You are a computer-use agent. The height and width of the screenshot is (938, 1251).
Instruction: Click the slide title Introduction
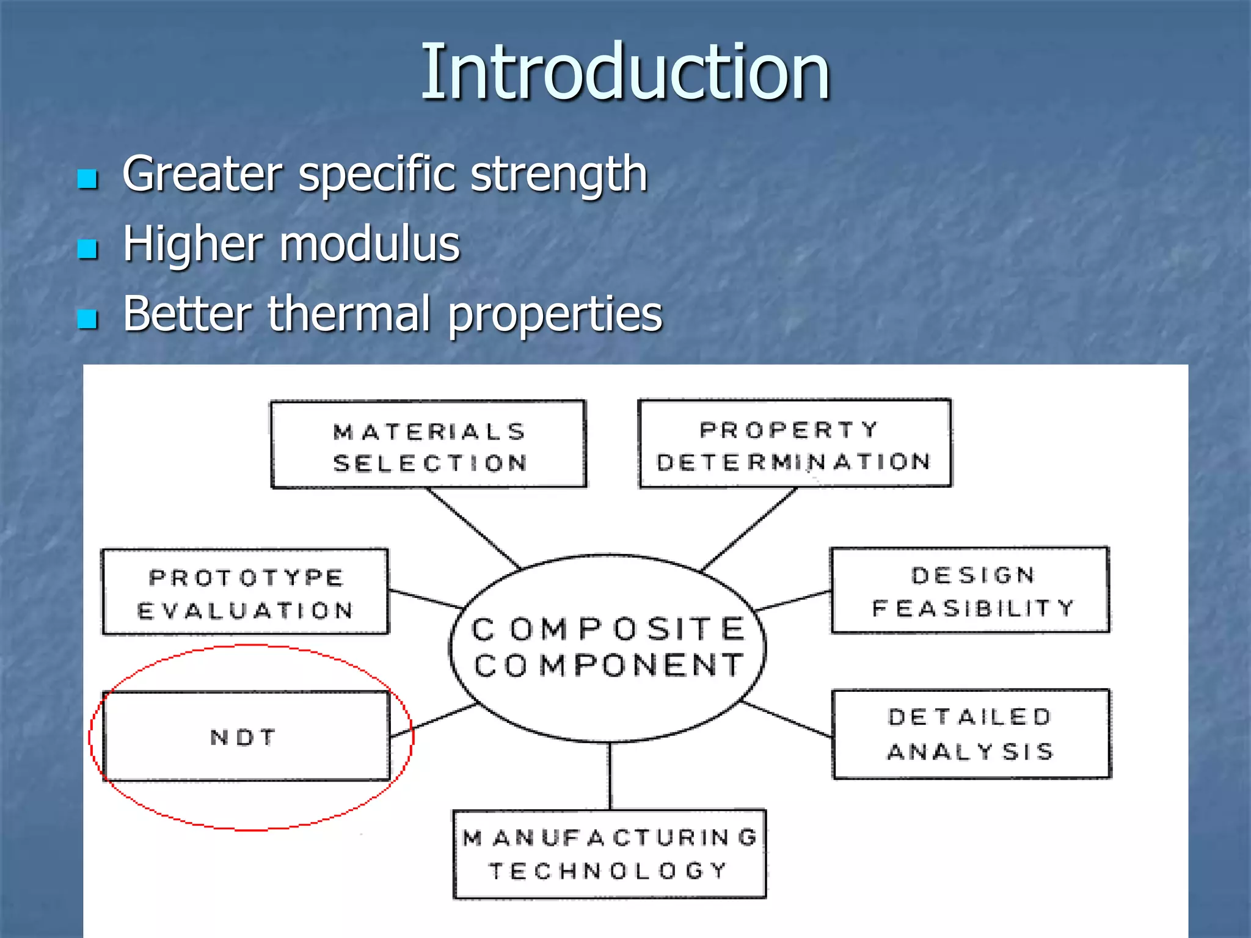625,72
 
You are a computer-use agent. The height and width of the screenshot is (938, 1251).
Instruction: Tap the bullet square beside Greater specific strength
88,179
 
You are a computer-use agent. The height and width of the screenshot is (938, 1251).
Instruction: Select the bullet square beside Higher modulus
88,249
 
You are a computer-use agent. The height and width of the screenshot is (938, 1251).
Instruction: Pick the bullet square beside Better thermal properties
88,318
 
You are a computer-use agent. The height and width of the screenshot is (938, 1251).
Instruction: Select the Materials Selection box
428,445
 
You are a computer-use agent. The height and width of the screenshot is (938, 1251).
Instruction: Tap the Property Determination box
795,444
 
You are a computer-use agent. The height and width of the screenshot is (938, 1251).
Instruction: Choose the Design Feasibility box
970,591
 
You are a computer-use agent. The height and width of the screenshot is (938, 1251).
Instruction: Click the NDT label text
243,738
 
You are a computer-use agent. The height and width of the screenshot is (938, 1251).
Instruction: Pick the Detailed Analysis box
971,734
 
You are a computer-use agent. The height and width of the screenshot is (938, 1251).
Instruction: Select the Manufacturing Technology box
609,854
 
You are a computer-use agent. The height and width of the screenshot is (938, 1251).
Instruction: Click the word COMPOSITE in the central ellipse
608,630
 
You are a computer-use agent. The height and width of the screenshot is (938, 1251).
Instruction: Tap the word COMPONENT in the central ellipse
608,665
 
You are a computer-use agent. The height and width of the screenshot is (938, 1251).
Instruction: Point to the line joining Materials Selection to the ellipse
473,528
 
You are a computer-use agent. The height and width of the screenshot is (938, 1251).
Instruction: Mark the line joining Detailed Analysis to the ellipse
787,720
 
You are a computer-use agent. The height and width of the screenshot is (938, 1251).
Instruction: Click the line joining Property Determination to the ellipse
750,529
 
